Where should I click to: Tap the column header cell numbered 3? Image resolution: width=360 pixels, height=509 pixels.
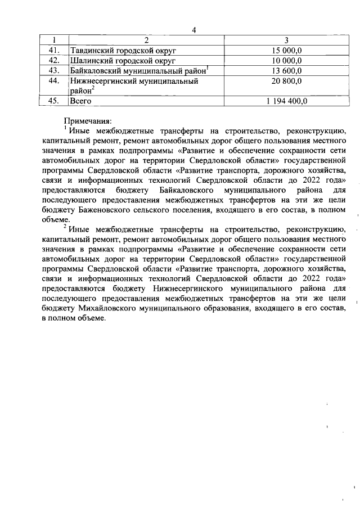coord(286,40)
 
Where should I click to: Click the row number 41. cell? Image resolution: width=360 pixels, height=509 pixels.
coord(54,50)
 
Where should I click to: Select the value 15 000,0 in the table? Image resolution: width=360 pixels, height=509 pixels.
coord(286,50)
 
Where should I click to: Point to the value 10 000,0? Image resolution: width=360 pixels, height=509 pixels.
coord(286,60)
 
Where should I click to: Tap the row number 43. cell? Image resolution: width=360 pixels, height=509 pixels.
coord(54,70)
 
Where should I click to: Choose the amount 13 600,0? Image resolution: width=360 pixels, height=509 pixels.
coord(286,70)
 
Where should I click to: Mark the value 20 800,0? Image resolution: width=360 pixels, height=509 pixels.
coord(286,82)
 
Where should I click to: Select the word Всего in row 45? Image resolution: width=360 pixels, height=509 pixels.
coord(80,101)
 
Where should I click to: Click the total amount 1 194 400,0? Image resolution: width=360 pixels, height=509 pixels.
coord(286,101)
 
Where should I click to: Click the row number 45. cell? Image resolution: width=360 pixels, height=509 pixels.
coord(54,101)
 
